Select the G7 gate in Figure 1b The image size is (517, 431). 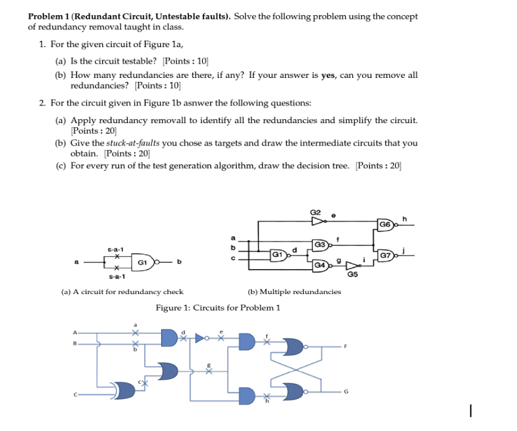tap(387, 254)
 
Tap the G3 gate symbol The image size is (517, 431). tap(321, 245)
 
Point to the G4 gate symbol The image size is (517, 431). tap(321, 265)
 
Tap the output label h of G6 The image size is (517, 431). tap(405, 219)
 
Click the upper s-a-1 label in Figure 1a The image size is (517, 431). tap(115, 250)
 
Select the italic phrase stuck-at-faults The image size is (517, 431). tap(133, 143)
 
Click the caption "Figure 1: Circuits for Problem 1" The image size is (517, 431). tap(217, 307)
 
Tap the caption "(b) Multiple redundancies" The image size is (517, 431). tap(294, 291)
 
